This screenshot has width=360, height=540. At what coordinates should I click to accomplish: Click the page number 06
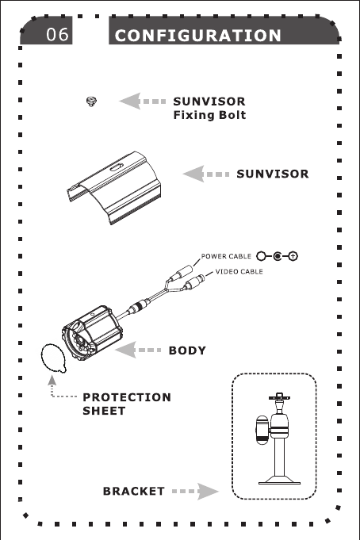click(58, 34)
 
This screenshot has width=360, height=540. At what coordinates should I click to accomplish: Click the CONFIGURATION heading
click(198, 36)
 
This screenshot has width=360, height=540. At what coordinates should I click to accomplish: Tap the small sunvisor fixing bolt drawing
click(91, 101)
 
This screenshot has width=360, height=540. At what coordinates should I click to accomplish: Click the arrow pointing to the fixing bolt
click(142, 101)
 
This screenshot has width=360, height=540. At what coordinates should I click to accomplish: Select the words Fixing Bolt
click(209, 115)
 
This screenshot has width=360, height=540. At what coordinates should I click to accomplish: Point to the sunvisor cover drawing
click(113, 187)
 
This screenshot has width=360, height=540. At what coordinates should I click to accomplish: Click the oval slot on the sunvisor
click(117, 168)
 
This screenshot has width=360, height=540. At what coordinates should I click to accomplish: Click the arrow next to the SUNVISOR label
click(206, 174)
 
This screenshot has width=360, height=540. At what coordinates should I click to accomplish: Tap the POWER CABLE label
click(226, 257)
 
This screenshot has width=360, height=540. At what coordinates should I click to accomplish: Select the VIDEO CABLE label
click(239, 272)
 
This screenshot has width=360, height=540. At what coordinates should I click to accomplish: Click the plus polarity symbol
click(293, 256)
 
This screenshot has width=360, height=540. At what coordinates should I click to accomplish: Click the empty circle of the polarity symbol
click(262, 256)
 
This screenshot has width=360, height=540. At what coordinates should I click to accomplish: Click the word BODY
click(187, 350)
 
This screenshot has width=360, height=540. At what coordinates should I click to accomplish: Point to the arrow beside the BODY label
click(138, 350)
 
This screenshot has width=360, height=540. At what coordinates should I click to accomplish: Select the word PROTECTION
click(127, 397)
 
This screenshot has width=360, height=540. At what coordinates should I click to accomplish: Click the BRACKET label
click(134, 492)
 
